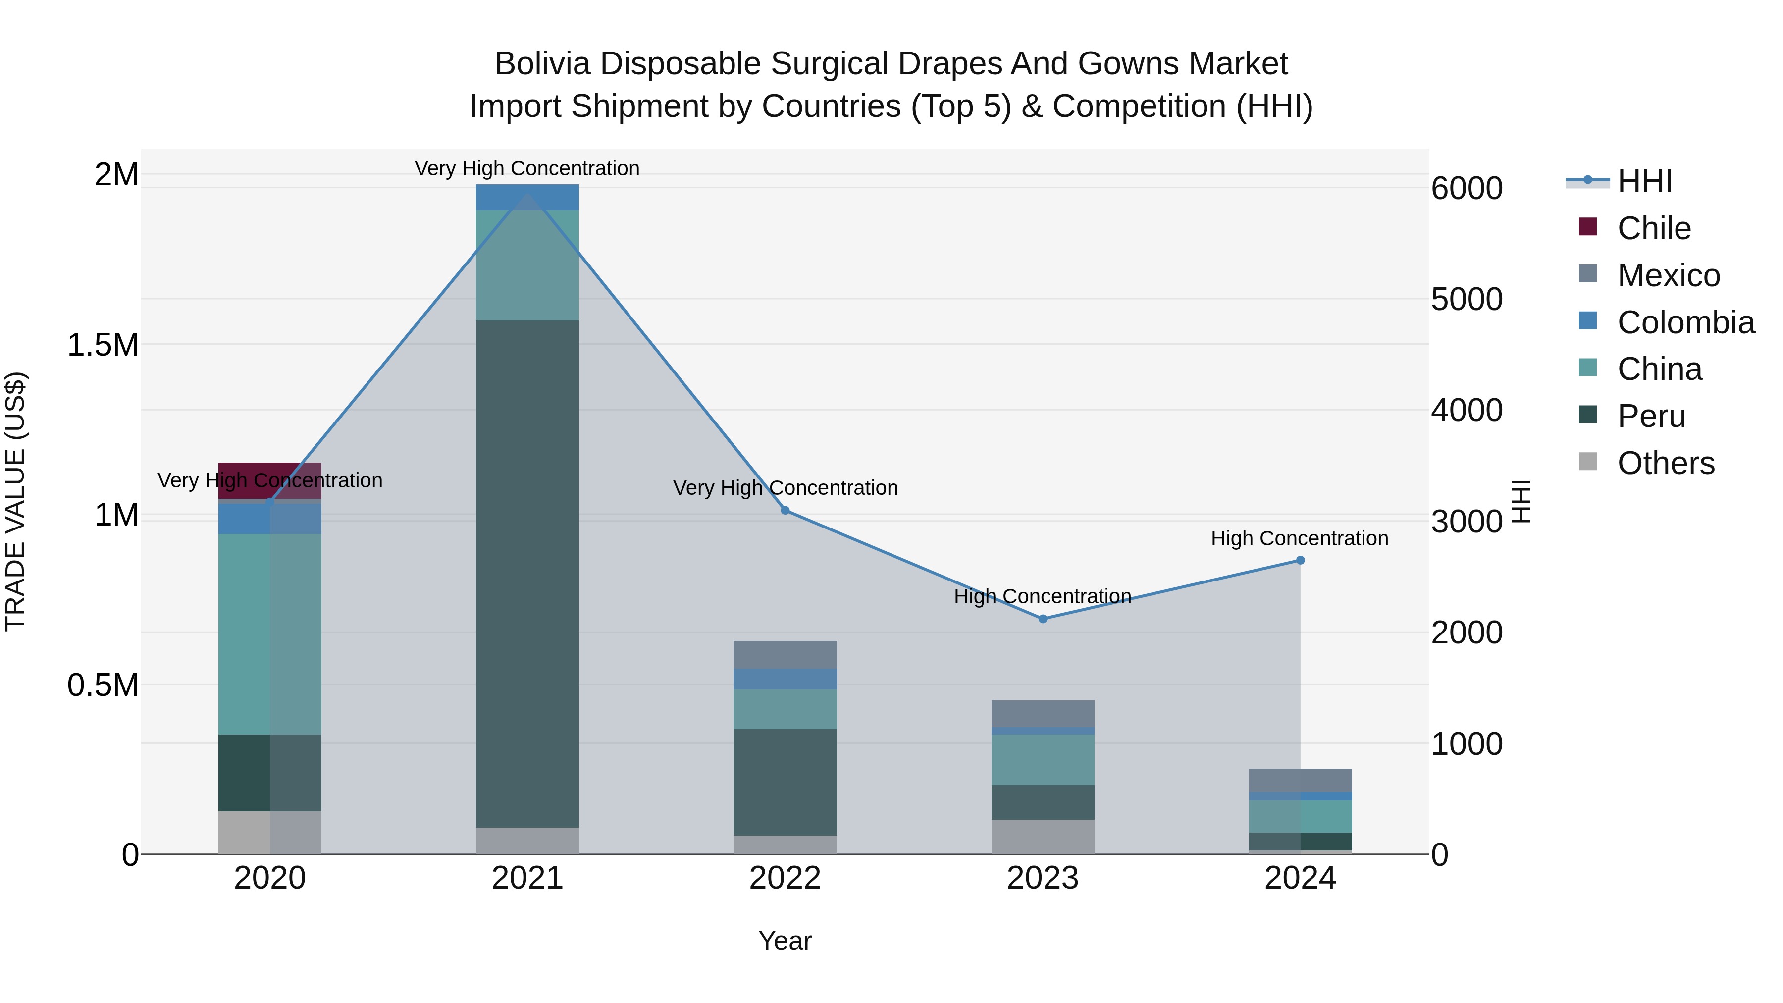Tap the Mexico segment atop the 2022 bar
pyautogui.click(x=785, y=654)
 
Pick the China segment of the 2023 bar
pyautogui.click(x=1043, y=759)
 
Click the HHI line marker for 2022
pyautogui.click(x=785, y=510)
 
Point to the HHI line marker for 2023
pyautogui.click(x=1043, y=619)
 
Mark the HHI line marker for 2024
pyautogui.click(x=1300, y=560)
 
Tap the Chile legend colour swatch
pyautogui.click(x=1588, y=227)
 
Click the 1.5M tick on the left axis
pyautogui.click(x=103, y=345)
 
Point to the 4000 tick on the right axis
pyautogui.click(x=1467, y=411)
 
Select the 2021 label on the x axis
pyautogui.click(x=527, y=878)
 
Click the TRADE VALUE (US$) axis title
pyautogui.click(x=15, y=501)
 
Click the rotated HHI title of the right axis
pyautogui.click(x=1521, y=501)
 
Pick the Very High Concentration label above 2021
pyautogui.click(x=527, y=168)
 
